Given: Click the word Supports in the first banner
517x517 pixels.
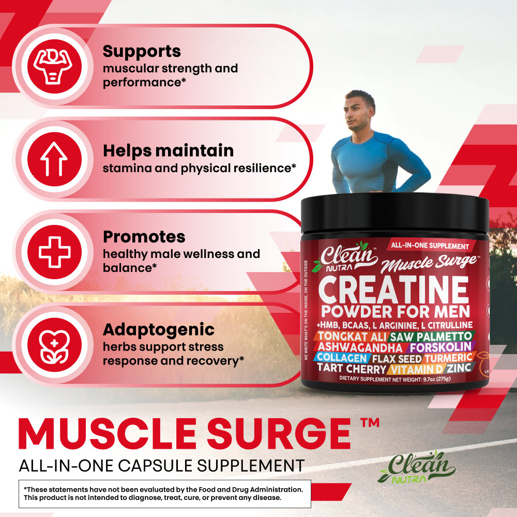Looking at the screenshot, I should (x=142, y=51).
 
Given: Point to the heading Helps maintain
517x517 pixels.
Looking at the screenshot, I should (x=168, y=150).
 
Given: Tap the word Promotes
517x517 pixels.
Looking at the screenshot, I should (x=144, y=237).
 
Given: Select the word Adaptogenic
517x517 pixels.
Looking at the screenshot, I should (x=158, y=329).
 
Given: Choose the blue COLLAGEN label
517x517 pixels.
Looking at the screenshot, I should (x=342, y=358).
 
